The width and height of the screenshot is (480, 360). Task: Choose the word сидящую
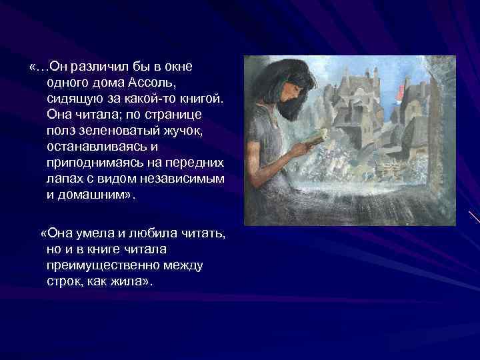[x=74, y=99]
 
